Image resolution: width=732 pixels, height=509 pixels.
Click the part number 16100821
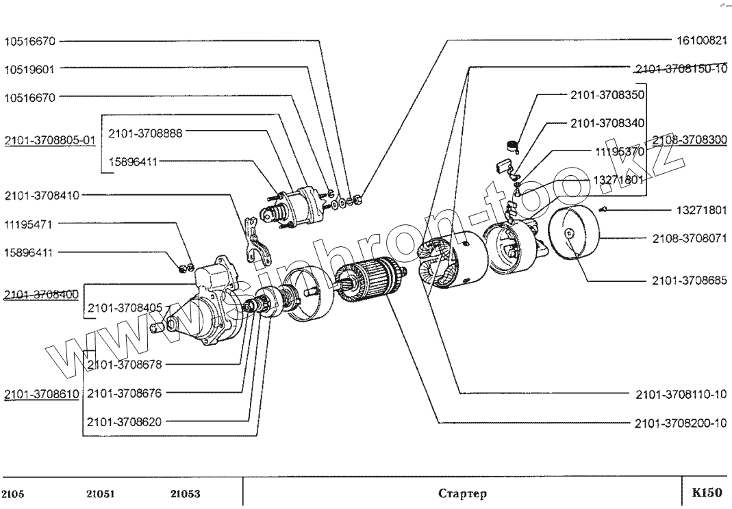pos(702,41)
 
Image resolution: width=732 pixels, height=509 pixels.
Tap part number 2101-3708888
pos(145,133)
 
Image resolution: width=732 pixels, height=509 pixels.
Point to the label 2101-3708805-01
pos(49,140)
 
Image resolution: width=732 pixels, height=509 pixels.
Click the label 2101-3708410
pos(42,196)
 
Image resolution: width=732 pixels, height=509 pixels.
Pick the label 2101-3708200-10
pos(680,423)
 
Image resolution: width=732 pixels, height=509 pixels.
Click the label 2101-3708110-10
pos(680,394)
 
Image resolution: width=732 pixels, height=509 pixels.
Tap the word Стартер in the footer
pos(462,494)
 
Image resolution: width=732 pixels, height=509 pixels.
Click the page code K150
pos(707,493)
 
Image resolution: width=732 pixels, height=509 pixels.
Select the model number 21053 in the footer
pos(185,494)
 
